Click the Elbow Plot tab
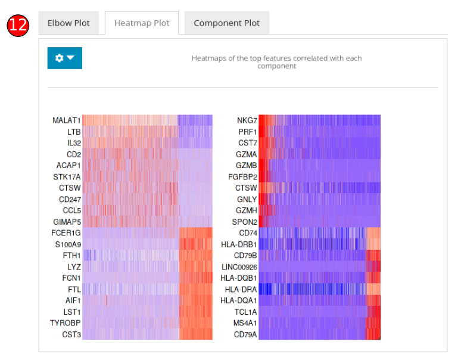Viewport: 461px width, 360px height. click(68, 23)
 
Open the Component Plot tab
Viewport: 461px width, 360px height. click(226, 23)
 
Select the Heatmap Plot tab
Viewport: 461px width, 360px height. click(142, 23)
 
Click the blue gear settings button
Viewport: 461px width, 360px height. click(64, 58)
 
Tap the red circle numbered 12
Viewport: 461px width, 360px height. click(18, 25)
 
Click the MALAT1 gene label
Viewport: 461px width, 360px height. click(66, 120)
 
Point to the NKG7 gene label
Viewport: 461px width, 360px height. click(247, 120)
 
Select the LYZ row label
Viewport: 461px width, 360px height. click(73, 266)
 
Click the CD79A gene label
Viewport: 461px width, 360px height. click(245, 334)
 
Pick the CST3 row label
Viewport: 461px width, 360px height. click(71, 334)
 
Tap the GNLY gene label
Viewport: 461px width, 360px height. click(247, 199)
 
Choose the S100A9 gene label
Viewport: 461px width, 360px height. click(68, 244)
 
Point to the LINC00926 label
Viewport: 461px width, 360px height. click(239, 266)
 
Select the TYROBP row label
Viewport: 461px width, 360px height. click(65, 323)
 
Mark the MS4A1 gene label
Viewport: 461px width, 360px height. click(245, 323)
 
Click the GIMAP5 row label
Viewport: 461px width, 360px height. click(67, 222)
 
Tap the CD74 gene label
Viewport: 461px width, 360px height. click(248, 233)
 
